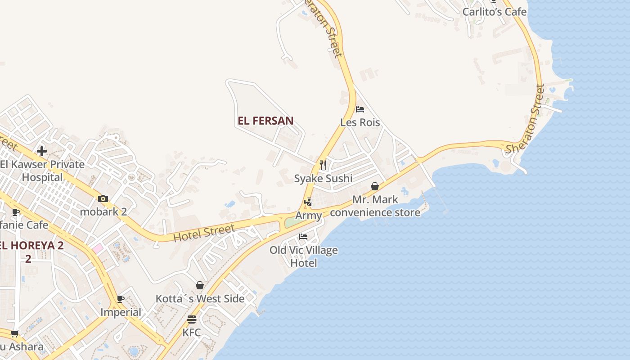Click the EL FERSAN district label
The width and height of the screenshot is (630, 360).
click(x=265, y=121)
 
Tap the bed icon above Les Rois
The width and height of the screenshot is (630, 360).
click(x=360, y=109)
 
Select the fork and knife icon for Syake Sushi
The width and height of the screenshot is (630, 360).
click(x=323, y=165)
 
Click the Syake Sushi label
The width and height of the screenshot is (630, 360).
click(x=323, y=179)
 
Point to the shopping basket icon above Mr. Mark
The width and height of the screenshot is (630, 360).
click(x=374, y=186)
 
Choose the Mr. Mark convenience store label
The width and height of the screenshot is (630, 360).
click(x=375, y=206)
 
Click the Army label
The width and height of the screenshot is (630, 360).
click(x=308, y=216)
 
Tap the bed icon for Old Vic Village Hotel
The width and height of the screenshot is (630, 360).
click(x=303, y=237)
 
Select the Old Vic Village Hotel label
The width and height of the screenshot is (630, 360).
click(x=304, y=256)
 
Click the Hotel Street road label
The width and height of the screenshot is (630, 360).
click(x=204, y=233)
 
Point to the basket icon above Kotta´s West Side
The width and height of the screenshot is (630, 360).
click(x=200, y=285)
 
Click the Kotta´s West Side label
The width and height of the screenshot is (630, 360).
click(x=200, y=298)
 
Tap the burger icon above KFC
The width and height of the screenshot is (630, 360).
click(x=192, y=319)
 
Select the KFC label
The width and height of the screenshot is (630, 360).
click(x=192, y=333)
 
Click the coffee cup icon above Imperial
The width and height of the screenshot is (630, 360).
click(x=121, y=299)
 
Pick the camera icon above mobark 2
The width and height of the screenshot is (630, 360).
click(x=103, y=198)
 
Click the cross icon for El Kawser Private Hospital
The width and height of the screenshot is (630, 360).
click(x=42, y=151)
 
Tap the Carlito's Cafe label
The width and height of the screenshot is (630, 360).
click(x=494, y=12)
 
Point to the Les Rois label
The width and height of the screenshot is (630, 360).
click(x=360, y=122)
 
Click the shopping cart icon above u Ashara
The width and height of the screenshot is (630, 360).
click(x=15, y=333)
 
